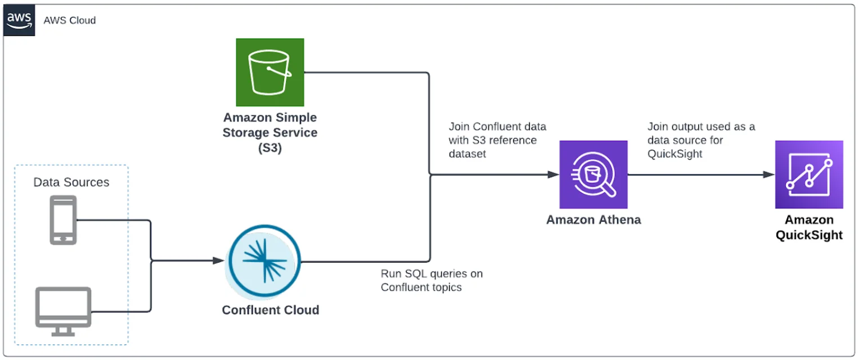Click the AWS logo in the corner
pyautogui.click(x=19, y=20)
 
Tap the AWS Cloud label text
pyautogui.click(x=70, y=20)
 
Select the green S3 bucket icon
pyautogui.click(x=270, y=72)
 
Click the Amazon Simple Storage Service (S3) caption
pyautogui.click(x=270, y=133)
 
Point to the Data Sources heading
pyautogui.click(x=71, y=182)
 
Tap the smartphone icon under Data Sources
pyautogui.click(x=63, y=220)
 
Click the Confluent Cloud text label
pyautogui.click(x=271, y=310)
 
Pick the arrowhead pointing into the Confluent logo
pyautogui.click(x=219, y=260)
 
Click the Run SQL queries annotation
pyautogui.click(x=432, y=280)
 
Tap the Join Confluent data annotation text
pyautogui.click(x=497, y=139)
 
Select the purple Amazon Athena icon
pyautogui.click(x=594, y=174)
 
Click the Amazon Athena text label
pyautogui.click(x=594, y=219)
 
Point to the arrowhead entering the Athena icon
pyautogui.click(x=554, y=174)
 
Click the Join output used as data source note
pyautogui.click(x=701, y=140)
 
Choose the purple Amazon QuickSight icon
pyautogui.click(x=809, y=174)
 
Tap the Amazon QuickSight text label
pyautogui.click(x=809, y=227)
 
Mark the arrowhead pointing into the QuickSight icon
pyautogui.click(x=769, y=174)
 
